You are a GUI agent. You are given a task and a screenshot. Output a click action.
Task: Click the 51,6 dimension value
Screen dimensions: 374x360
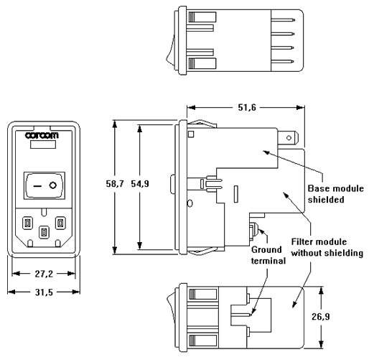pos(247,108)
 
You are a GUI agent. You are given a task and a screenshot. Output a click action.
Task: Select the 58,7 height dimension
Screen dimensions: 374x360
pos(115,184)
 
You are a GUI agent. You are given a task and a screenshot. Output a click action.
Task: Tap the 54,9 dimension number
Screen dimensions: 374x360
pos(140,184)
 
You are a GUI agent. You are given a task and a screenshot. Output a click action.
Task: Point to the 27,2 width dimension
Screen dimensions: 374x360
pos(44,274)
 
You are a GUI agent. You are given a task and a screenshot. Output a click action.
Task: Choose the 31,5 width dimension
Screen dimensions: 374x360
pos(44,292)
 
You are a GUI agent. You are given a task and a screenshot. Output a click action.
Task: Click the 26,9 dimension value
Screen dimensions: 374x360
pos(321,317)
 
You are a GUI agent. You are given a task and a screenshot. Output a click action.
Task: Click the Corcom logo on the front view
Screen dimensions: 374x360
pos(42,136)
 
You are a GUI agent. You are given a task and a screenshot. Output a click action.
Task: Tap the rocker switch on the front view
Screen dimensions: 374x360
pos(45,185)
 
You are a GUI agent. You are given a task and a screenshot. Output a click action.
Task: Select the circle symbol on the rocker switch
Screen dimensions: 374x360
pos(53,185)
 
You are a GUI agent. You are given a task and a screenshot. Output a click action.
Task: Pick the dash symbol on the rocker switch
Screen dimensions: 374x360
pos(37,186)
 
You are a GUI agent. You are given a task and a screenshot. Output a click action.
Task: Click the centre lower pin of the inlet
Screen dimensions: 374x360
pos(44,232)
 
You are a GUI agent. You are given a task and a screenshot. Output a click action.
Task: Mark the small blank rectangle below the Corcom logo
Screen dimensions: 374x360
pos(43,144)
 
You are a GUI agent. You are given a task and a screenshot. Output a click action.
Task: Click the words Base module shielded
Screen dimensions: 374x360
pos(335,194)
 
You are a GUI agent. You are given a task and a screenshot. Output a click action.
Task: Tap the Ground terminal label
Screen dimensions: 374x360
pos(268,255)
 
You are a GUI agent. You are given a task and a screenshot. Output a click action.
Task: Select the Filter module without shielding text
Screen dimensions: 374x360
pos(327,247)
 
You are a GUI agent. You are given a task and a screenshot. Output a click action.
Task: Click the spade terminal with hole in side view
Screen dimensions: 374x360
pos(289,138)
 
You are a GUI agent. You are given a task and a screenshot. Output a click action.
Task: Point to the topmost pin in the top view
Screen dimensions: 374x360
pos(283,20)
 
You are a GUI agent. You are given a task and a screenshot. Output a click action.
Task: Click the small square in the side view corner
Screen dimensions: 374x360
pos(191,134)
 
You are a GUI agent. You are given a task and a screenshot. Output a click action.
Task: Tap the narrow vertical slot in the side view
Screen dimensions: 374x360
pos(236,194)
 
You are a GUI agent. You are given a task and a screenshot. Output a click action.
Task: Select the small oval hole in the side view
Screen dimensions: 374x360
pos(190,203)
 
